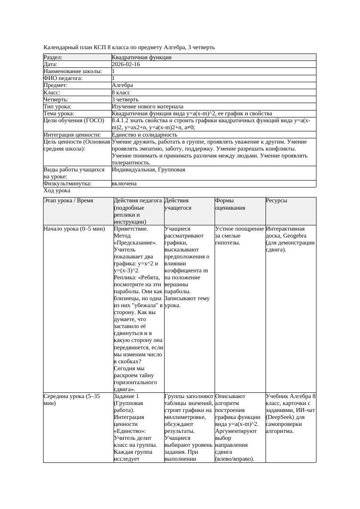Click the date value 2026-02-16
pyautogui.click(x=126, y=64)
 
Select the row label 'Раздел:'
pyautogui.click(x=53, y=57)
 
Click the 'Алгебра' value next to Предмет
pyautogui.click(x=122, y=85)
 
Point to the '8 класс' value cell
pyautogui.click(x=121, y=93)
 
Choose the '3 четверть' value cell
pyautogui.click(x=125, y=100)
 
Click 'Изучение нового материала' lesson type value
pyautogui.click(x=148, y=107)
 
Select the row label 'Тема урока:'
pyautogui.click(x=59, y=114)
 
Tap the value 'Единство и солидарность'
pyautogui.click(x=145, y=135)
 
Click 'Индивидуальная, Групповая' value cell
pyautogui.click(x=148, y=170)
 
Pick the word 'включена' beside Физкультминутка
pyautogui.click(x=124, y=184)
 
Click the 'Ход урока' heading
pyautogui.click(x=57, y=191)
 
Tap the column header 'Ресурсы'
pyautogui.click(x=277, y=201)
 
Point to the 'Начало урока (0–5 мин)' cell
pyautogui.click(x=74, y=229)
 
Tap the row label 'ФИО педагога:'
pyautogui.click(x=63, y=78)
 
